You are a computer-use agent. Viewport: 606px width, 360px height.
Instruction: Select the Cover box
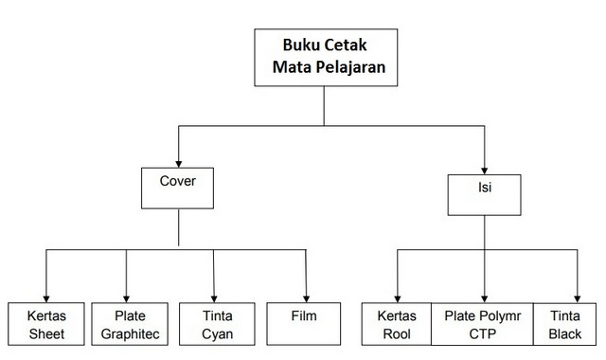point(179,188)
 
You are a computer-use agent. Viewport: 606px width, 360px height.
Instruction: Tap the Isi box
point(484,193)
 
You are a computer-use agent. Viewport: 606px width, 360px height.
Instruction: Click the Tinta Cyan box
point(216,323)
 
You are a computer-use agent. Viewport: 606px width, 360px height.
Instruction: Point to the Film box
point(304,323)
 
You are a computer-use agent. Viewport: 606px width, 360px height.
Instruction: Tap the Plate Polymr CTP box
point(484,323)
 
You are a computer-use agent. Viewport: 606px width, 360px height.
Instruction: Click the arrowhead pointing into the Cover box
point(179,161)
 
